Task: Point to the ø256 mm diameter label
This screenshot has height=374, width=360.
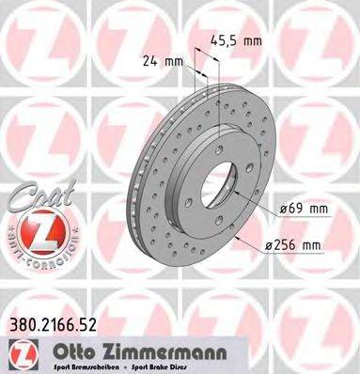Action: tap(296, 246)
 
